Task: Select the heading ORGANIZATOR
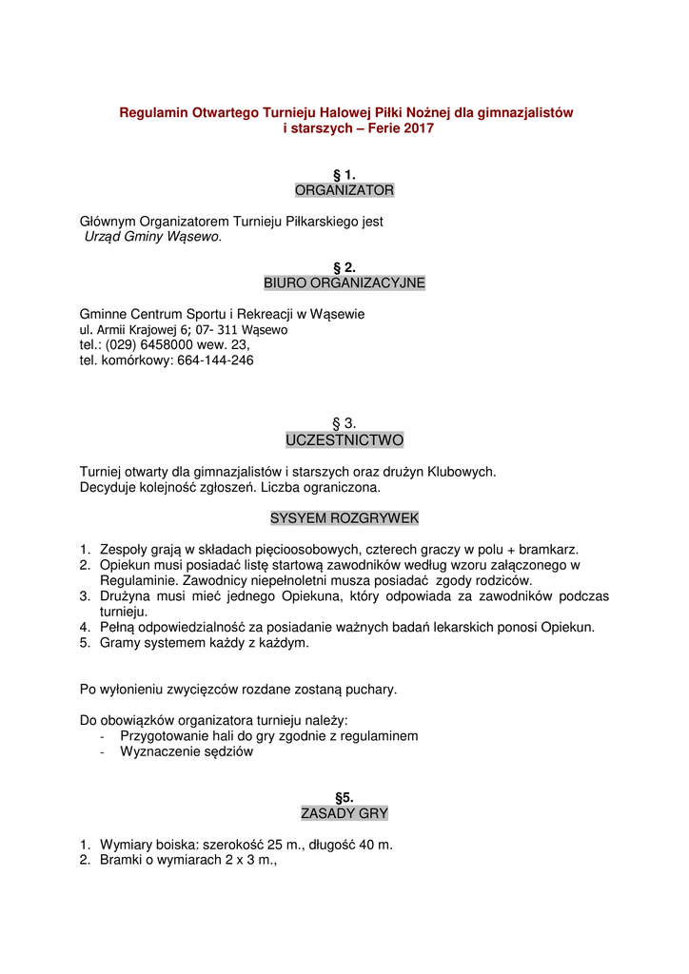tap(344, 190)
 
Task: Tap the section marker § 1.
tap(344, 175)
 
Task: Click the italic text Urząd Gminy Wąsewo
tap(153, 236)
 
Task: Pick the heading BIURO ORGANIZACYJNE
tap(344, 282)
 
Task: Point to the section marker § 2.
tap(344, 267)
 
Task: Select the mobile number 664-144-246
tap(215, 360)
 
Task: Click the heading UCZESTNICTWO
tap(344, 440)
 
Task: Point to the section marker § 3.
tap(344, 423)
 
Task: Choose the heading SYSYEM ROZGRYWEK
tap(344, 518)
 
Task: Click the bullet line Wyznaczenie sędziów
tap(187, 751)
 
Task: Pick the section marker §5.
tap(344, 798)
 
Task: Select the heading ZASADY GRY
tap(344, 813)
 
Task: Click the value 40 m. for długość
tap(372, 845)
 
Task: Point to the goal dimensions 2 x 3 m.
tap(248, 860)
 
